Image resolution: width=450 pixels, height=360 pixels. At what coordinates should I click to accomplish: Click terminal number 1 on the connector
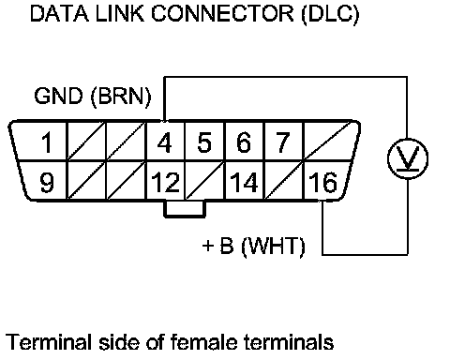[47, 142]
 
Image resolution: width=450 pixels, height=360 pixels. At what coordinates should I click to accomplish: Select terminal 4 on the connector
[165, 142]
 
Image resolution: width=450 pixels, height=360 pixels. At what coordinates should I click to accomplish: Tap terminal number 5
[204, 142]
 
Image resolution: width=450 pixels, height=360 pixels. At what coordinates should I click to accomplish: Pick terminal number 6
[244, 142]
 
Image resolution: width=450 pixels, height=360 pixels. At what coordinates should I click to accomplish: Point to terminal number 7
[283, 142]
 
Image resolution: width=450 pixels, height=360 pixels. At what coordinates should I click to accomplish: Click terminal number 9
[47, 182]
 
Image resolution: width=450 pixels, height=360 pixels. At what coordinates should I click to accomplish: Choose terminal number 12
[166, 182]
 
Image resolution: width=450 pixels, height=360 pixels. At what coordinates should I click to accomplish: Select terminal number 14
[244, 182]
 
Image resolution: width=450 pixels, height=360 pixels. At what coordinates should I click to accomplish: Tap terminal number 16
[323, 182]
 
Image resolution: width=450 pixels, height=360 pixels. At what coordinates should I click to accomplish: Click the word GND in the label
[58, 96]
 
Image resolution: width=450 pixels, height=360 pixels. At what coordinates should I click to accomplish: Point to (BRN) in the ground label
[121, 97]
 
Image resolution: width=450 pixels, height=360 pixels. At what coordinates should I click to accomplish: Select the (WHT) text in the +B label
[274, 247]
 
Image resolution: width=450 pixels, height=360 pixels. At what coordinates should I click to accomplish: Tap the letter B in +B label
[227, 246]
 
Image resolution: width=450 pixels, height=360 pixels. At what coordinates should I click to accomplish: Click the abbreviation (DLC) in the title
[330, 14]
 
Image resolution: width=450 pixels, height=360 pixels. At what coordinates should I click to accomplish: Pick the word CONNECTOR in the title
[223, 13]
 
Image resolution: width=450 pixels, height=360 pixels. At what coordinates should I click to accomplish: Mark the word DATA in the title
[59, 13]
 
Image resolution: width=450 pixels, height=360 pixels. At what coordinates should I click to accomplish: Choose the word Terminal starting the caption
[49, 341]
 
